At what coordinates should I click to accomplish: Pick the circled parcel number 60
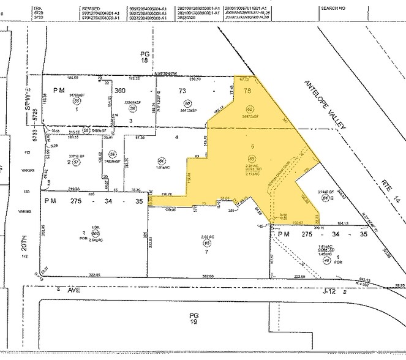click(x=188, y=103)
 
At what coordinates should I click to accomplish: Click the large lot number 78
click(x=248, y=91)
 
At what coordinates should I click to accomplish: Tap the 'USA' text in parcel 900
click(x=94, y=228)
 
